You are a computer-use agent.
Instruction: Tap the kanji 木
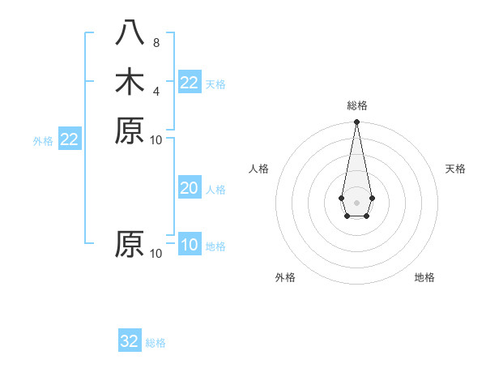[x=130, y=82]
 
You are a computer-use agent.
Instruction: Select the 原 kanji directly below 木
[x=130, y=130]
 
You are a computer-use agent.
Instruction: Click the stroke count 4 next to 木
[x=156, y=90]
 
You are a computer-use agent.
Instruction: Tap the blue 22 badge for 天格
[x=190, y=83]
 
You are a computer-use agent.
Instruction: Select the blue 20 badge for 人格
[x=190, y=188]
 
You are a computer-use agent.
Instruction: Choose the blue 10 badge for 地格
[x=190, y=245]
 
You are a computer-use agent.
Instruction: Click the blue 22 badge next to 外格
[x=70, y=139]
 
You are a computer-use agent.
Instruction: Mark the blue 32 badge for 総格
[x=130, y=341]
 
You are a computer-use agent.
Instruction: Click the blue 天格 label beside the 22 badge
[x=215, y=83]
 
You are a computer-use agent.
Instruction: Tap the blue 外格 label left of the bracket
[x=43, y=140]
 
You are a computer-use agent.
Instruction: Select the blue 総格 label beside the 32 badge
[x=156, y=342]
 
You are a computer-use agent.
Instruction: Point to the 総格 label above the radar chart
[x=356, y=105]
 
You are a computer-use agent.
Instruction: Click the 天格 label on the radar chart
[x=455, y=169]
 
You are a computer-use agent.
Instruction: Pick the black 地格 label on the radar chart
[x=424, y=277]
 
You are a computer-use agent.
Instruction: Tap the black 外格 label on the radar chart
[x=285, y=277]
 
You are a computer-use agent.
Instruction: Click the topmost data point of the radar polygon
[x=356, y=122]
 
